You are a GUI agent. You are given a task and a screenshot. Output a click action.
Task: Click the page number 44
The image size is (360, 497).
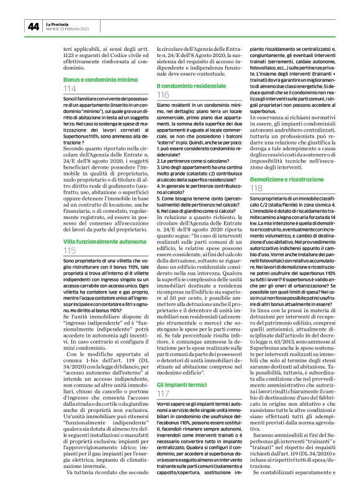coord(32,26)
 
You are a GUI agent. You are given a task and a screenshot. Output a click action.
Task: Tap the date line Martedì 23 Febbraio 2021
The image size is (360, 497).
coord(68,29)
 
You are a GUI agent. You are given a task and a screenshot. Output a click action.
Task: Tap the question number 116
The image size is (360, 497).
coord(164,95)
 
